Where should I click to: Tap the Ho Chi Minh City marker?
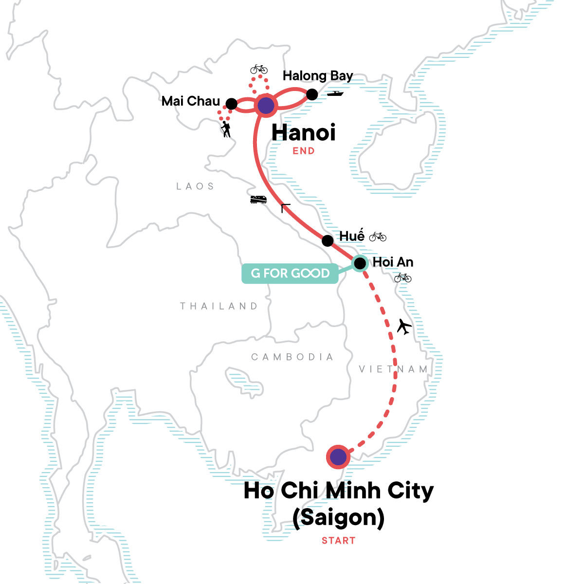coord(338,457)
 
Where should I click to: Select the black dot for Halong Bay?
coord(312,94)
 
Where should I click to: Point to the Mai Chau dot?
coord(232,104)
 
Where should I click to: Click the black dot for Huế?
coord(328,240)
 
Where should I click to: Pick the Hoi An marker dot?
coord(360,264)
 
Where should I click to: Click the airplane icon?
coord(404,327)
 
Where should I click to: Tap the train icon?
coord(258,199)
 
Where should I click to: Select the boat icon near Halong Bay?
coord(335,93)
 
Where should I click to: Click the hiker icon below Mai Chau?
coord(225,129)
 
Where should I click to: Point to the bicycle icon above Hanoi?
coord(259,69)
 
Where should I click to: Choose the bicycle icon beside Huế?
coord(378,237)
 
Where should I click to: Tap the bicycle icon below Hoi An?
coord(403,278)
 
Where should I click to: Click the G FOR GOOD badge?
coord(290,274)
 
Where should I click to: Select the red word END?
coord(304,151)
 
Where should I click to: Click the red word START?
coord(338,541)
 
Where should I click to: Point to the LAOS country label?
coord(195,186)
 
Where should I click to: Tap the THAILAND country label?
coord(219,306)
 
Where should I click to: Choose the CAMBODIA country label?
coord(292,357)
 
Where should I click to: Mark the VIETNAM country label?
coord(393,369)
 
